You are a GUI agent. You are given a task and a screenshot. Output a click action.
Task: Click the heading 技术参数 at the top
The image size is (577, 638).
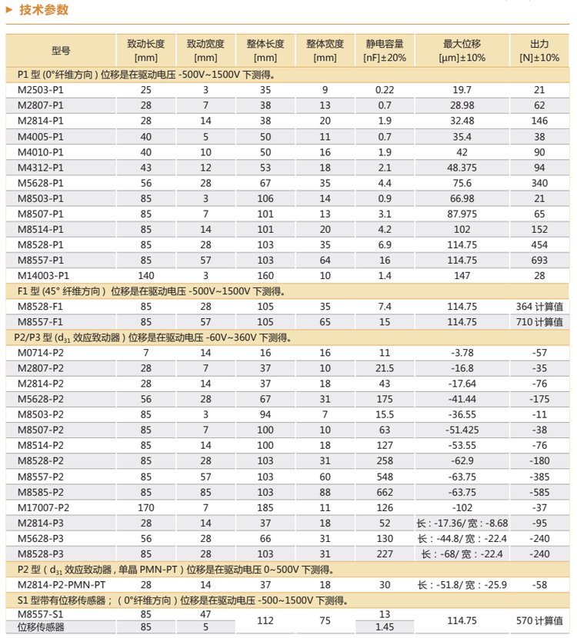pos(44,11)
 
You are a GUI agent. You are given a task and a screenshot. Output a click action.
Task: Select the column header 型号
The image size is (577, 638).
pos(61,51)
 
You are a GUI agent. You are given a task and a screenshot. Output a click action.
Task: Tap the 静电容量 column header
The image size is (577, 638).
pos(384,51)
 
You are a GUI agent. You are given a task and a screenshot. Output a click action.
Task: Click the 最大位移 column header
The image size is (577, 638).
pos(462,51)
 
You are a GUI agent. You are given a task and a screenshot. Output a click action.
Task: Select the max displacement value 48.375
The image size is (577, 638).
pos(462,168)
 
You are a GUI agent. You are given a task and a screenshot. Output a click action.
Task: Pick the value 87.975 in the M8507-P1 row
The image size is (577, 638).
pos(462,214)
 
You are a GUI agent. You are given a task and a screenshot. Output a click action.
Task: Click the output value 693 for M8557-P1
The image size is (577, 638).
pos(539,260)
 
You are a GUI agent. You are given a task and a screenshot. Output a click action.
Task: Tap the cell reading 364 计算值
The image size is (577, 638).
pos(539,307)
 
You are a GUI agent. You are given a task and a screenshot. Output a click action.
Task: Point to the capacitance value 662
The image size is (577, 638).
pos(385,492)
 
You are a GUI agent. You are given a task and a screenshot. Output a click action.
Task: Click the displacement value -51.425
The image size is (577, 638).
pos(462,430)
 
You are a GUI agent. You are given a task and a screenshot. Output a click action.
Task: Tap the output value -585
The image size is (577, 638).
pos(539,492)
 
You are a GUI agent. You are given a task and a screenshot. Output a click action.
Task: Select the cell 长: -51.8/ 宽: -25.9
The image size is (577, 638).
pos(462,585)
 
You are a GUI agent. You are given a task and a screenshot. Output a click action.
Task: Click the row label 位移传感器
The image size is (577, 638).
pos(41,627)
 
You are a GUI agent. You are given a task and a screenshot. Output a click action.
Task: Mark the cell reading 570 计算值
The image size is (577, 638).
pos(539,620)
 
